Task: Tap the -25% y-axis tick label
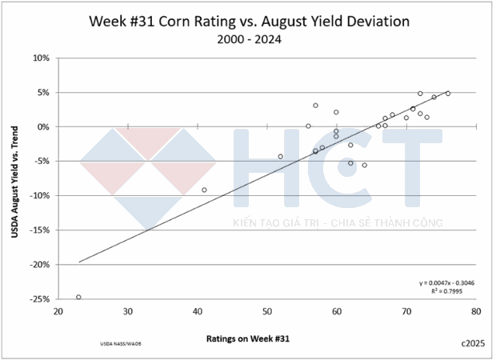(39, 299)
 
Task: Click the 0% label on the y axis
(44, 127)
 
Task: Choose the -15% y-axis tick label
(39, 230)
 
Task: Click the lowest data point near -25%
(78, 297)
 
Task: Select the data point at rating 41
(204, 190)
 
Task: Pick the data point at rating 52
(281, 157)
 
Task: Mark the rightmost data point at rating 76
(448, 94)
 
